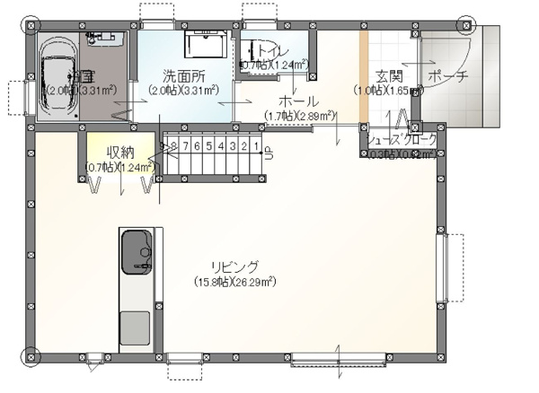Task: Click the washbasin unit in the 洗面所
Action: (x=207, y=44)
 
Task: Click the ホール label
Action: (x=298, y=101)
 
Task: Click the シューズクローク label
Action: (x=403, y=139)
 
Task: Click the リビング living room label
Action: (x=235, y=267)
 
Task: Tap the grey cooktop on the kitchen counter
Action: (x=137, y=327)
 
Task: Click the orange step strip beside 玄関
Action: (x=364, y=79)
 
